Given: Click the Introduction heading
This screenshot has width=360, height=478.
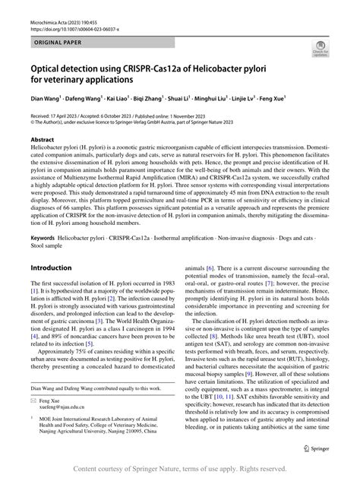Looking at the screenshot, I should (50, 269).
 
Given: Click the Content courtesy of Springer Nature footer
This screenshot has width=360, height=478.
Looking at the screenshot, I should (179, 468).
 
